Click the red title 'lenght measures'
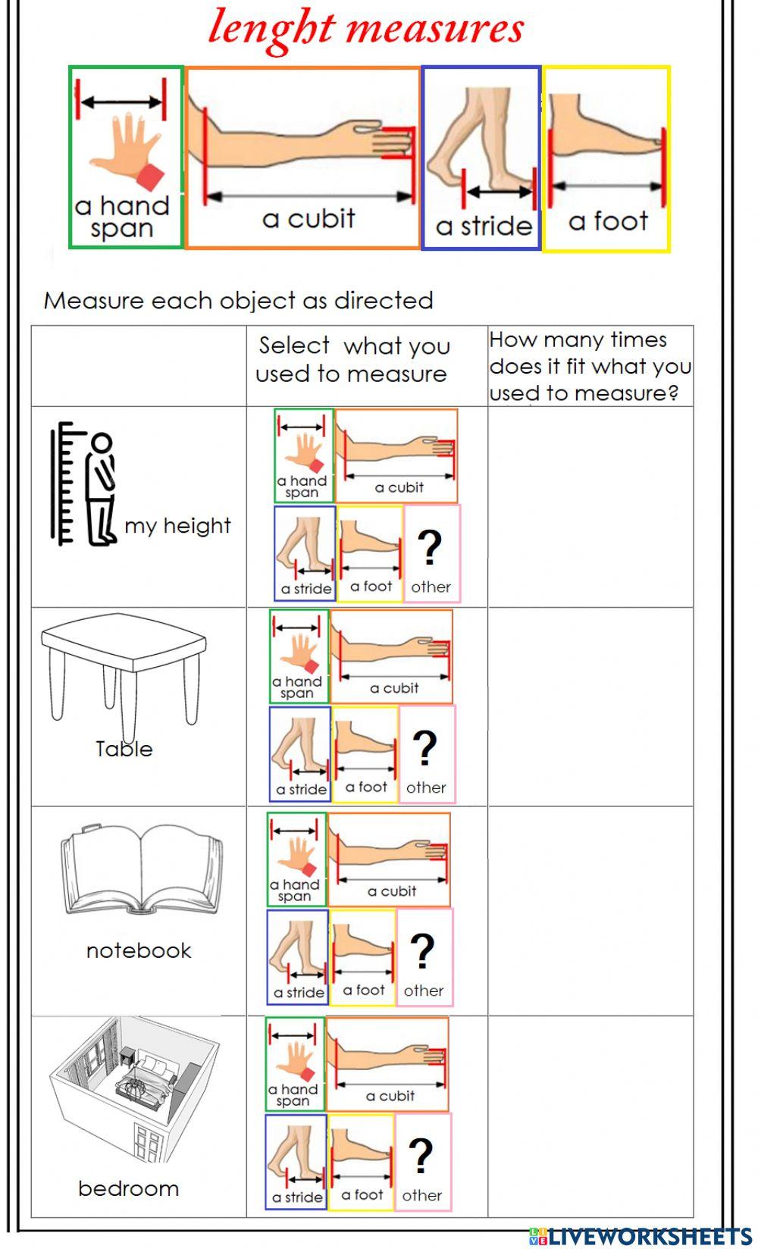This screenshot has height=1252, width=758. [x=366, y=29]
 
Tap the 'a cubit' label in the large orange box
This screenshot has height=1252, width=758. [x=309, y=219]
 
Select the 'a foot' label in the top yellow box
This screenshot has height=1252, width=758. [x=608, y=221]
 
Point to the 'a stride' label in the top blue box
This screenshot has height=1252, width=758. [x=484, y=226]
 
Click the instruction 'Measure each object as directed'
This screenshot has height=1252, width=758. [x=238, y=301]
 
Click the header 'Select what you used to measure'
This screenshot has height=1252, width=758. [x=352, y=360]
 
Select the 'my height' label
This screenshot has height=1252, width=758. [x=177, y=525]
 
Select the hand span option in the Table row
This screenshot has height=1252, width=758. [x=299, y=656]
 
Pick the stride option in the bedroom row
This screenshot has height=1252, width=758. [x=296, y=1161]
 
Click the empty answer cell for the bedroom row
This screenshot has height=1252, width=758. [x=590, y=1116]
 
